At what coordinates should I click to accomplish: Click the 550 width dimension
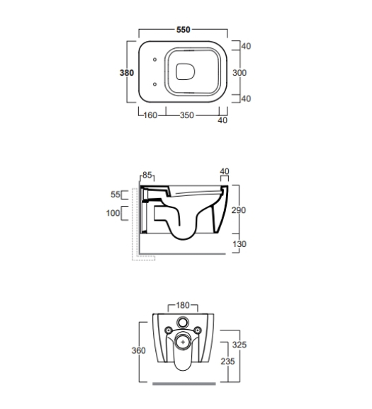point(183,30)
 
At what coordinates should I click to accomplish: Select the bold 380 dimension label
point(127,73)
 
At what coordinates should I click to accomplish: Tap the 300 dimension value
point(239,73)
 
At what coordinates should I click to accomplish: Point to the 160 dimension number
point(150,115)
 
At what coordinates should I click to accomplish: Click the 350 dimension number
point(187,115)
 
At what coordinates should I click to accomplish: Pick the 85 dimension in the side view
point(147,175)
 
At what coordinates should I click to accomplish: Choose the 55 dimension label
point(115,195)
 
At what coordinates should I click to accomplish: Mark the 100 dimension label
point(113,213)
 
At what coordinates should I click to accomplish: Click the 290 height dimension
point(239,210)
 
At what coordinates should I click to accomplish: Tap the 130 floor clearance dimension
point(239,244)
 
